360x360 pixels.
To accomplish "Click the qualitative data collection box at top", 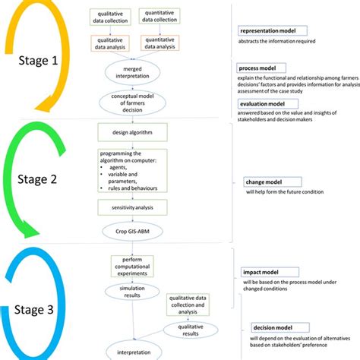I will click(112, 17).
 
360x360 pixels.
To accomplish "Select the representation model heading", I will click(273, 32).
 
